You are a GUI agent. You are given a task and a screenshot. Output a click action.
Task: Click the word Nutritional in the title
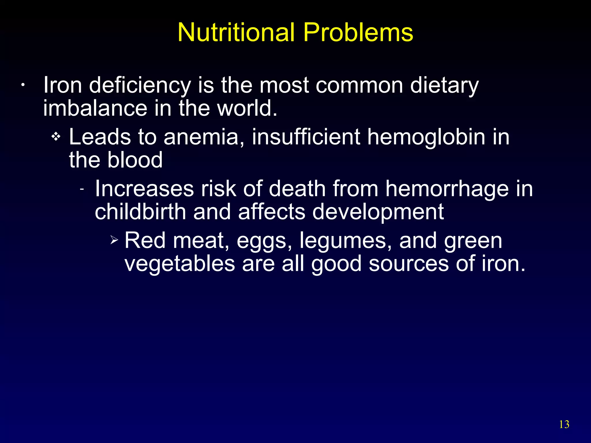point(237,32)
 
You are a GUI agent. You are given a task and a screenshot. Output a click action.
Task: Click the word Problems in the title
point(358,32)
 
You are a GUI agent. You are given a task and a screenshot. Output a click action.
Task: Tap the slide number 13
point(564,424)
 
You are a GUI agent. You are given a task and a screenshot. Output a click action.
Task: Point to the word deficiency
point(140,86)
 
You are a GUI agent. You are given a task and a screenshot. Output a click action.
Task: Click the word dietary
point(444,86)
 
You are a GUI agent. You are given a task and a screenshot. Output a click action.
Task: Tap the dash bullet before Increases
point(82,189)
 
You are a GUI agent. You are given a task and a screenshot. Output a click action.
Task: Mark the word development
point(378,212)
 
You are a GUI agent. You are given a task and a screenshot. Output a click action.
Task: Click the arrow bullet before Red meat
point(114,239)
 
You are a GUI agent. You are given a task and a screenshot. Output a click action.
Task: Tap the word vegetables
point(180,264)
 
